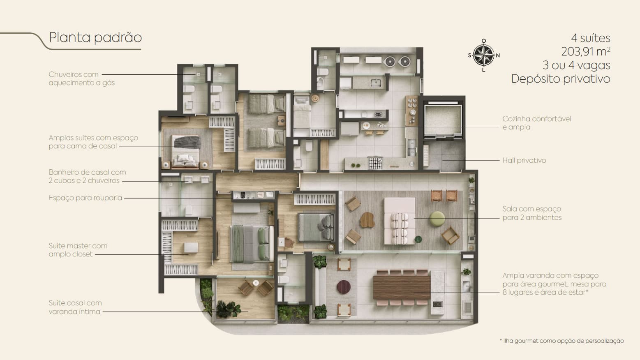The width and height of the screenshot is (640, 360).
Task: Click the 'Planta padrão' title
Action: [x=95, y=38]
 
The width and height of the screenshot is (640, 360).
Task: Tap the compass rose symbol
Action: [x=483, y=55]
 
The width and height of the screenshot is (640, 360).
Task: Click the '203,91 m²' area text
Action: [x=586, y=51]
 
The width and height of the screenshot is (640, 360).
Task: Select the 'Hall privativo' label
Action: [x=524, y=160]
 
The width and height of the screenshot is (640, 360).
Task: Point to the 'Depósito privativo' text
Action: [x=561, y=79]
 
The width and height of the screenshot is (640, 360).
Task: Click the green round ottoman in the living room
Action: [x=437, y=219]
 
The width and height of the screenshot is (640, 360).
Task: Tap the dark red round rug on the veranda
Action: [x=343, y=286]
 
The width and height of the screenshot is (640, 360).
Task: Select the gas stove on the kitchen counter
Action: [x=375, y=163]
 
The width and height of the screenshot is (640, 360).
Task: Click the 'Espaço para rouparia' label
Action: [x=85, y=198]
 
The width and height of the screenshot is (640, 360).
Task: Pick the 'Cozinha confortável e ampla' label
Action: [x=536, y=123]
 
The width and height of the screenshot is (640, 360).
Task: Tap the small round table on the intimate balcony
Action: [x=256, y=283]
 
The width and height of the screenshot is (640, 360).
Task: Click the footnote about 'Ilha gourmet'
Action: [x=562, y=341]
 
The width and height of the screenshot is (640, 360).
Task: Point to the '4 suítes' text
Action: [x=591, y=38]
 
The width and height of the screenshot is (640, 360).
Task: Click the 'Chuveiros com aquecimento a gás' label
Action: [x=82, y=78]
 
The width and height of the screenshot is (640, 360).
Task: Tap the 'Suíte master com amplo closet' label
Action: [x=78, y=250]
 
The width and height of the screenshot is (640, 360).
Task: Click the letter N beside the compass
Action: [x=498, y=55]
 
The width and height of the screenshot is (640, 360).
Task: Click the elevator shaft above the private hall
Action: [x=443, y=120]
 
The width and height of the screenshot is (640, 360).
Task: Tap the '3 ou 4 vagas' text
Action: [x=576, y=65]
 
